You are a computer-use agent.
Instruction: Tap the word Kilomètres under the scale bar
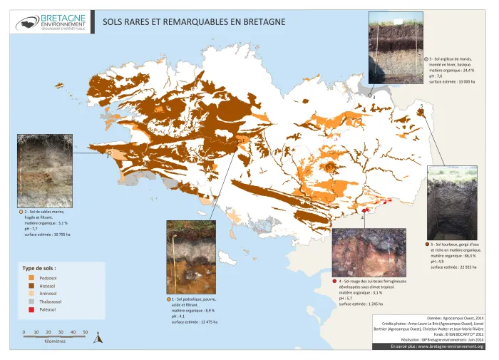55,341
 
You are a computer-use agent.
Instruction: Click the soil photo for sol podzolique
190,257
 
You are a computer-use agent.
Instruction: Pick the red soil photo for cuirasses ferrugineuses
369,252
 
